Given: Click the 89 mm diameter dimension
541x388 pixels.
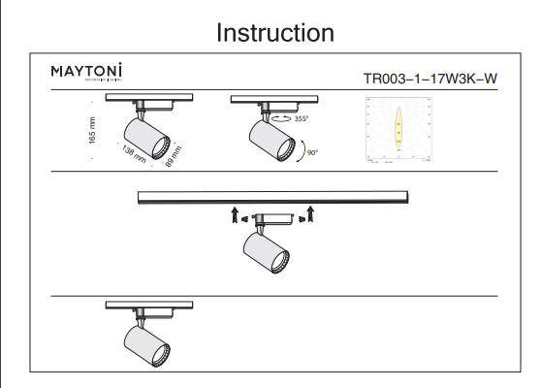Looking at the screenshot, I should point(175,152).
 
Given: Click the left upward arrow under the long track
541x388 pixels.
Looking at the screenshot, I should point(234,213).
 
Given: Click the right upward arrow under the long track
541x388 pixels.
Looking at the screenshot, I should point(309,213).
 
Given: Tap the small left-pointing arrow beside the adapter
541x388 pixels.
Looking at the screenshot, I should point(246,218).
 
